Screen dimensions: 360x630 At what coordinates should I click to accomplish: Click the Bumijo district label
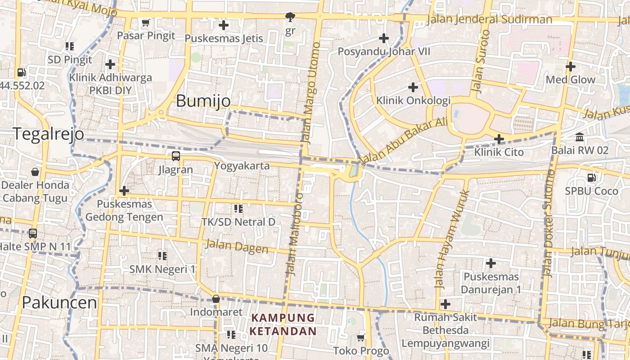click(203, 101)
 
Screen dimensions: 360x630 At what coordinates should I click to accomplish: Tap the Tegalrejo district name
click(48, 134)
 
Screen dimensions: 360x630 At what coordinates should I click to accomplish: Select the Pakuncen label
click(59, 303)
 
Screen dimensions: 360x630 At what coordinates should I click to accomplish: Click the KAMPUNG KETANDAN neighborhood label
click(283, 324)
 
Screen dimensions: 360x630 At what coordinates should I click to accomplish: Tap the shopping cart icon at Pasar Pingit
click(145, 22)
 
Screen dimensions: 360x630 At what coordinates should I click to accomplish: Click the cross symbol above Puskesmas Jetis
click(223, 25)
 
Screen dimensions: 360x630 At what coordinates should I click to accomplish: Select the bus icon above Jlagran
click(175, 156)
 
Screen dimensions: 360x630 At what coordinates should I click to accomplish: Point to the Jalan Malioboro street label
click(293, 234)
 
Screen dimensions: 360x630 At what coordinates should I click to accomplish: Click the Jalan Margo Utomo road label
click(311, 92)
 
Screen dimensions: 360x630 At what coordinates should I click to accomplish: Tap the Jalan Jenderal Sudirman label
click(489, 19)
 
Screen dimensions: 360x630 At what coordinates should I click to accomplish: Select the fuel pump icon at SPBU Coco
click(591, 178)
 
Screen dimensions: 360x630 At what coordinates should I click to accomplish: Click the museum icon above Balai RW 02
click(580, 137)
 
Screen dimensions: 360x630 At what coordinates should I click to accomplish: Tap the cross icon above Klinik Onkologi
click(413, 87)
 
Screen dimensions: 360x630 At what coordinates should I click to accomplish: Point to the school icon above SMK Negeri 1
click(162, 256)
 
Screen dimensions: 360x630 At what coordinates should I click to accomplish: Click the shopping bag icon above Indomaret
click(216, 299)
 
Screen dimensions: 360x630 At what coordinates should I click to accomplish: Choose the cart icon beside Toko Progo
click(360, 337)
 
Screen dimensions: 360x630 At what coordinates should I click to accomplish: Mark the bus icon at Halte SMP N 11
click(33, 233)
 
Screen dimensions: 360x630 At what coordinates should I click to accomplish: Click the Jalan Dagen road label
click(237, 247)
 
